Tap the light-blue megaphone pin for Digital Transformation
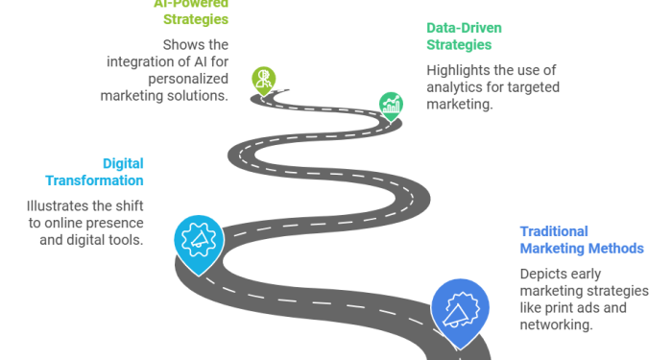[197, 239]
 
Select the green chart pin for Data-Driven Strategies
[391, 103]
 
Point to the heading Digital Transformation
[95, 172]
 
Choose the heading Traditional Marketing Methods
[581, 240]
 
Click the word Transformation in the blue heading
[95, 180]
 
